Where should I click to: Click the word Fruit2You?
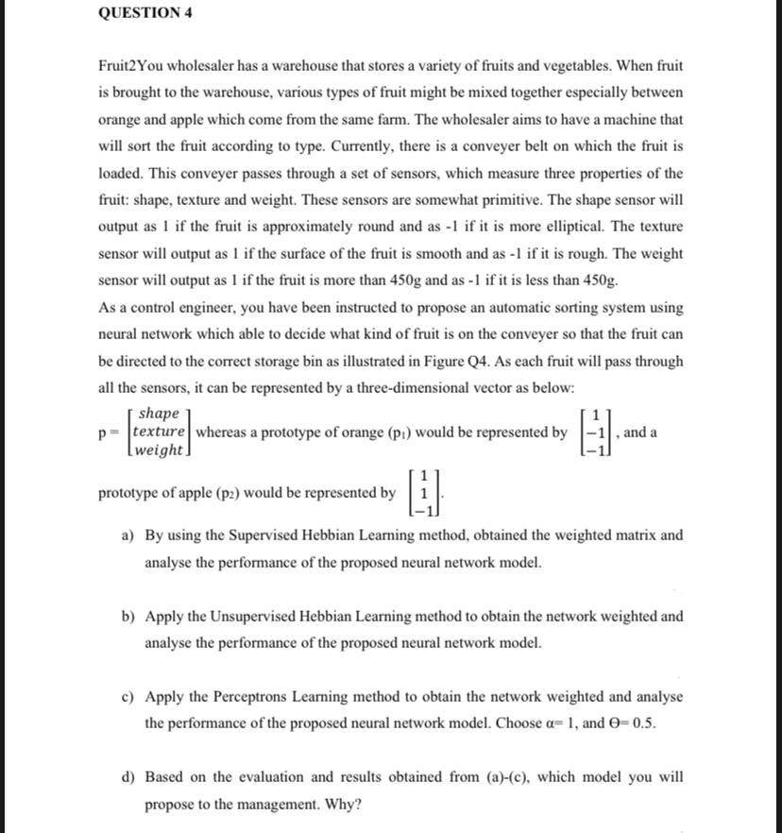(x=131, y=67)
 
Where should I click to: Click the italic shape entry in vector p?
(x=159, y=415)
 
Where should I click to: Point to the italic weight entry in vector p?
(x=160, y=450)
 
